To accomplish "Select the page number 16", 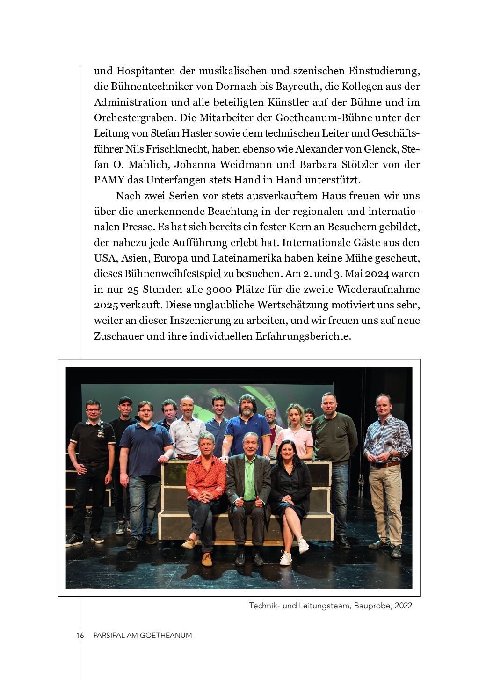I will (x=80, y=636).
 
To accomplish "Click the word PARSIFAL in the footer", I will (x=109, y=636).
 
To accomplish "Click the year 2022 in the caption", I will (x=403, y=606).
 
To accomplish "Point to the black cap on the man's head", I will (x=125, y=401).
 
